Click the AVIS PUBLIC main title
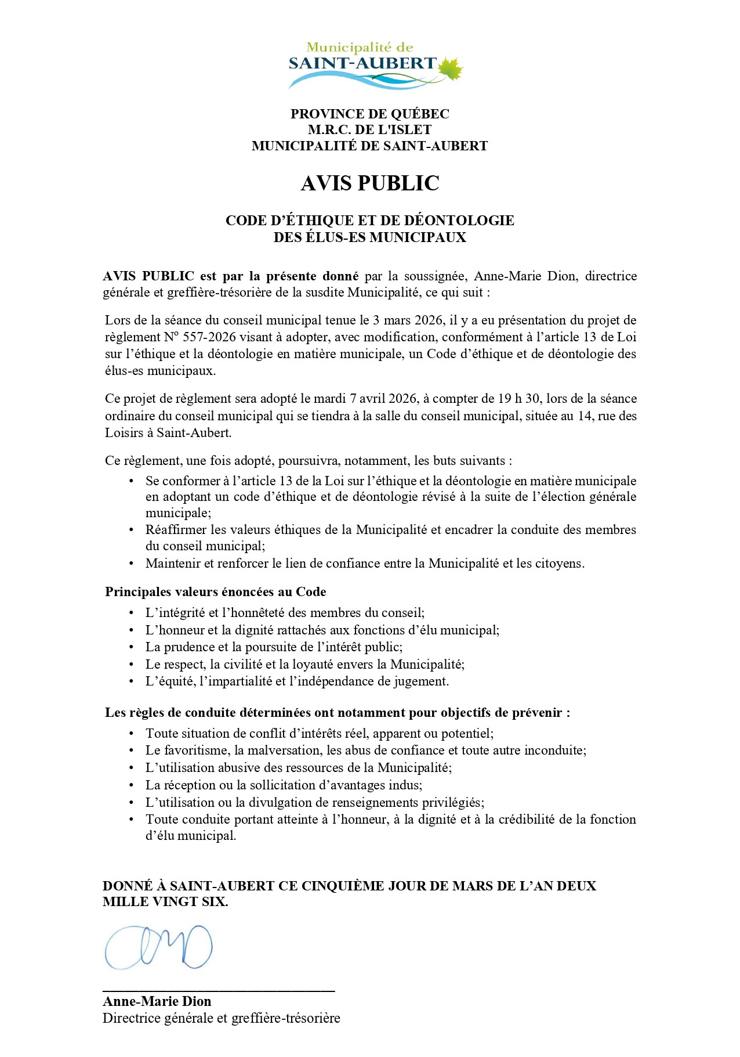pyautogui.click(x=370, y=183)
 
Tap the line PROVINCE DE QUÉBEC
pyautogui.click(x=370, y=114)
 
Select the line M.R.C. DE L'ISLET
pyautogui.click(x=370, y=129)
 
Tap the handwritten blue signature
pyautogui.click(x=158, y=947)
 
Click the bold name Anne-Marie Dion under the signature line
pyautogui.click(x=157, y=1001)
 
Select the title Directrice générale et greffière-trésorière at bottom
pyautogui.click(x=221, y=1018)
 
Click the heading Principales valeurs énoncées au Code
pyautogui.click(x=215, y=592)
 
